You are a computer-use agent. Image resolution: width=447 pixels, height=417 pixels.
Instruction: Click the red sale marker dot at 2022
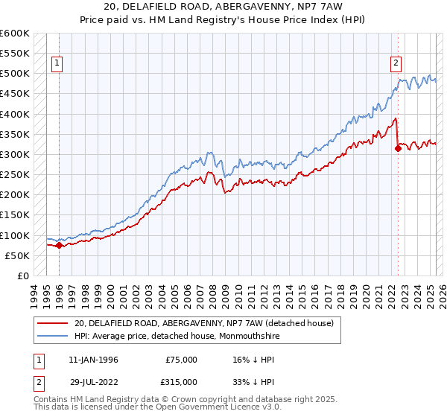click(x=398, y=148)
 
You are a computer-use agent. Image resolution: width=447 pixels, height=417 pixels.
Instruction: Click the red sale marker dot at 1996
click(x=59, y=245)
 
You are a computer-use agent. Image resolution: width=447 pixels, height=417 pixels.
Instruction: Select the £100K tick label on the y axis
click(x=16, y=235)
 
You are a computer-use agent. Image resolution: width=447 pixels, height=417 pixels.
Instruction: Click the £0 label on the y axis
click(x=23, y=276)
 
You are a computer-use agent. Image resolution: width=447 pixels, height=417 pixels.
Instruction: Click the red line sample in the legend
click(x=52, y=323)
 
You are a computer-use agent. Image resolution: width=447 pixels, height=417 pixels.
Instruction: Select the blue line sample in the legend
click(x=52, y=336)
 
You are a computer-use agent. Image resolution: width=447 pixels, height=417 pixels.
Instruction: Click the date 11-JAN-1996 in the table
click(x=93, y=360)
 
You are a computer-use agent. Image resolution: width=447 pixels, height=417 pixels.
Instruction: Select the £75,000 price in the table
click(x=181, y=360)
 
